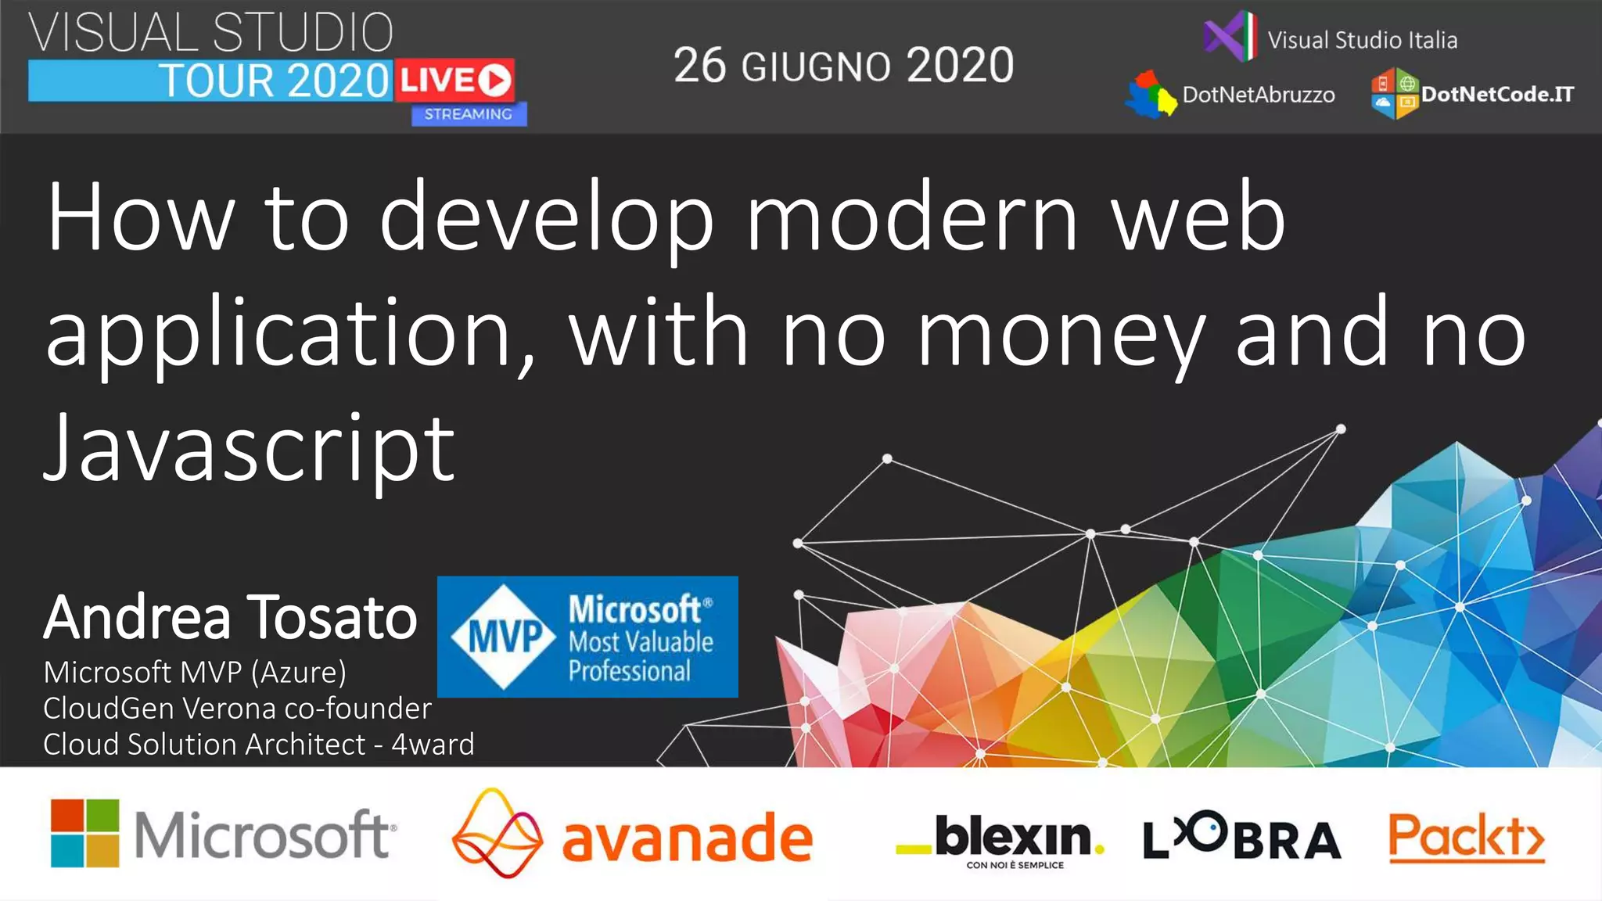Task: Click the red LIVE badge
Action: [454, 80]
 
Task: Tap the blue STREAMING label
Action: [469, 114]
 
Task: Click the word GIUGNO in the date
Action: [815, 67]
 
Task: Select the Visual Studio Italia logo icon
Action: [1230, 36]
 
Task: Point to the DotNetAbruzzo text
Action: [1258, 95]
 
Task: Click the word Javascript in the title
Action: [249, 449]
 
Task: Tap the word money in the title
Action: [1061, 335]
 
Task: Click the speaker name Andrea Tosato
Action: [230, 618]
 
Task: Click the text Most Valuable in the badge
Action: [641, 642]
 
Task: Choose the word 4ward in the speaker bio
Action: [433, 744]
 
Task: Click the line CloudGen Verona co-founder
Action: [237, 708]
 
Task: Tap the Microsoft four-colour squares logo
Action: [84, 833]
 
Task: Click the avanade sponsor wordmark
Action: [687, 838]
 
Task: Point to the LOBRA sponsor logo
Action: [1241, 837]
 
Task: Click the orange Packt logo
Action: [1466, 838]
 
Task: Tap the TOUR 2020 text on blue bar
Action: [274, 81]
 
